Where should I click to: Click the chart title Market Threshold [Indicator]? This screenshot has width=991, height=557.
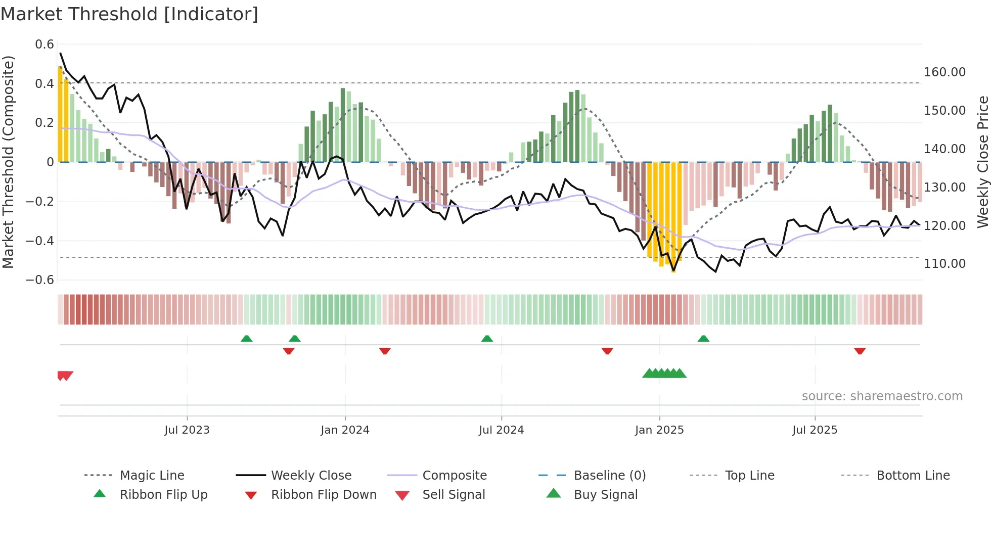[x=129, y=14]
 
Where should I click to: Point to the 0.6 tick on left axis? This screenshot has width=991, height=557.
[x=44, y=44]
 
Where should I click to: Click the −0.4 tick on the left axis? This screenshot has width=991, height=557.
[x=40, y=241]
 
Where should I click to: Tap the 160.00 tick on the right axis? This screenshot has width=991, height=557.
[x=944, y=72]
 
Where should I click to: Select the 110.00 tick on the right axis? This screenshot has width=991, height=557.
[x=944, y=263]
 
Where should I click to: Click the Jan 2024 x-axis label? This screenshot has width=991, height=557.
[x=345, y=430]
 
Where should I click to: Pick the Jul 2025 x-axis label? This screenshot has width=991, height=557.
[x=815, y=430]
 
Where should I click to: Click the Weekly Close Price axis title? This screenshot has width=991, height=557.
[x=982, y=162]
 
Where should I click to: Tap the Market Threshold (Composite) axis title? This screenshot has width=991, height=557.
[x=8, y=162]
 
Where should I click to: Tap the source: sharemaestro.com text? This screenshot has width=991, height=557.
[x=882, y=396]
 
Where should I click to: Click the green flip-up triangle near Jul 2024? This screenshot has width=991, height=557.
[x=487, y=339]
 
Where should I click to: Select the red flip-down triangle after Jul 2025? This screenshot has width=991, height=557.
[x=860, y=351]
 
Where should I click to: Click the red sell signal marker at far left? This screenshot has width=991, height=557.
[x=65, y=376]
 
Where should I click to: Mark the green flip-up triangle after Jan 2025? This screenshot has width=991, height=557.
[x=703, y=339]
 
